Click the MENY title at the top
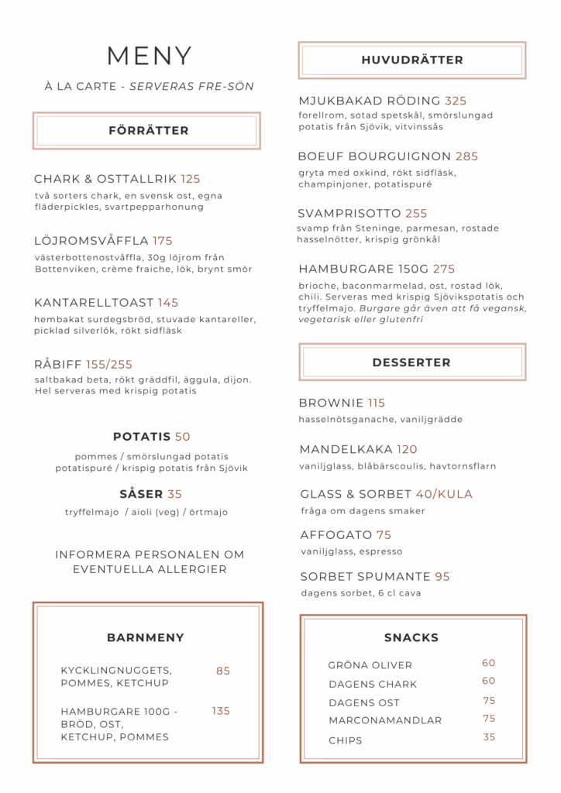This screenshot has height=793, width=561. coord(150,56)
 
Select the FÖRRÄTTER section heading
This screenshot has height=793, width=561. coord(149,131)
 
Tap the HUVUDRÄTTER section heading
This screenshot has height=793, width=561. coord(411,60)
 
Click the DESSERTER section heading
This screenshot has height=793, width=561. coord(411,362)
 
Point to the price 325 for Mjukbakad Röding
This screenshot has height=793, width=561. coord(456,101)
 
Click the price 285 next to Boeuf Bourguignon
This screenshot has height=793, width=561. coord(467,156)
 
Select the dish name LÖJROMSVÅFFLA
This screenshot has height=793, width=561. coord(91,241)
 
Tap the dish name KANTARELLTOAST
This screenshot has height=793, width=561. coord(94,303)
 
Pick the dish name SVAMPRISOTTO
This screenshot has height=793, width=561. coord(349,214)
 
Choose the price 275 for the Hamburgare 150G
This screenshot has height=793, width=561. coord(444,269)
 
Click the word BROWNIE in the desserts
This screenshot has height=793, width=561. coord(332,403)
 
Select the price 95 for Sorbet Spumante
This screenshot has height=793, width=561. coord(442,577)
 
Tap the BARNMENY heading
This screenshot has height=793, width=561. coord(146,638)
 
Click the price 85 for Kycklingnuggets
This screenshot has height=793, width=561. coord(223,671)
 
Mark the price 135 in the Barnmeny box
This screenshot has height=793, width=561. coord(221,711)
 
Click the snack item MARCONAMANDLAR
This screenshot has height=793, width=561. coord(385,720)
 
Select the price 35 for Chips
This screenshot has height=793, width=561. coord(489,737)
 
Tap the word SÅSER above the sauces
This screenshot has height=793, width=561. coord(141,494)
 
